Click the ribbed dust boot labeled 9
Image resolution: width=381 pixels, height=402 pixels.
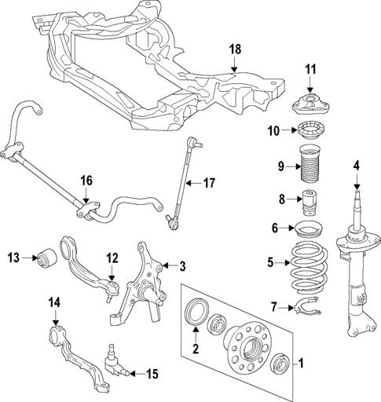pos(311,167)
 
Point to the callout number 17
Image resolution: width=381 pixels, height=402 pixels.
pos(209,185)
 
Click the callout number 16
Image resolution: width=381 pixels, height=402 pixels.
pos(86,181)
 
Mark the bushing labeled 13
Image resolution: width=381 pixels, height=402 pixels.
pos(48,257)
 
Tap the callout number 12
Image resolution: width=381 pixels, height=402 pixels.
pos(112,257)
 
